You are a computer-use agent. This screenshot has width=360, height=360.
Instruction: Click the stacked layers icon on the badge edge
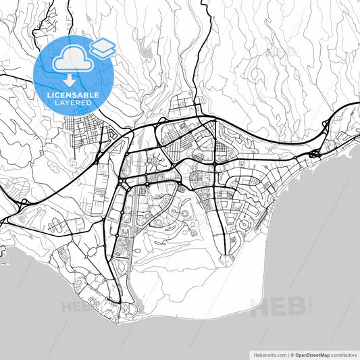coord(103,47)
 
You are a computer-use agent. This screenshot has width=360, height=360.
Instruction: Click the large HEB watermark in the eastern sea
coord(278,307)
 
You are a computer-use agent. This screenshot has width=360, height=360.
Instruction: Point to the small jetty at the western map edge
coord(8,253)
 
